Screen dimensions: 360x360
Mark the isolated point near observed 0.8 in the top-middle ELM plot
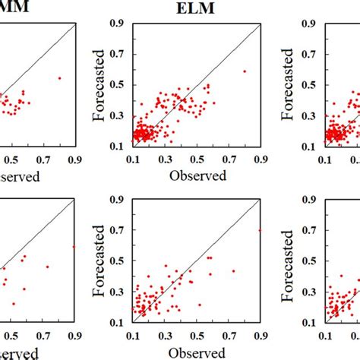click(245, 71)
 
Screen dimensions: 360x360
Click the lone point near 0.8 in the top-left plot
click(59, 77)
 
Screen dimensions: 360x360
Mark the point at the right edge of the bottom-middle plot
click(260, 230)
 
